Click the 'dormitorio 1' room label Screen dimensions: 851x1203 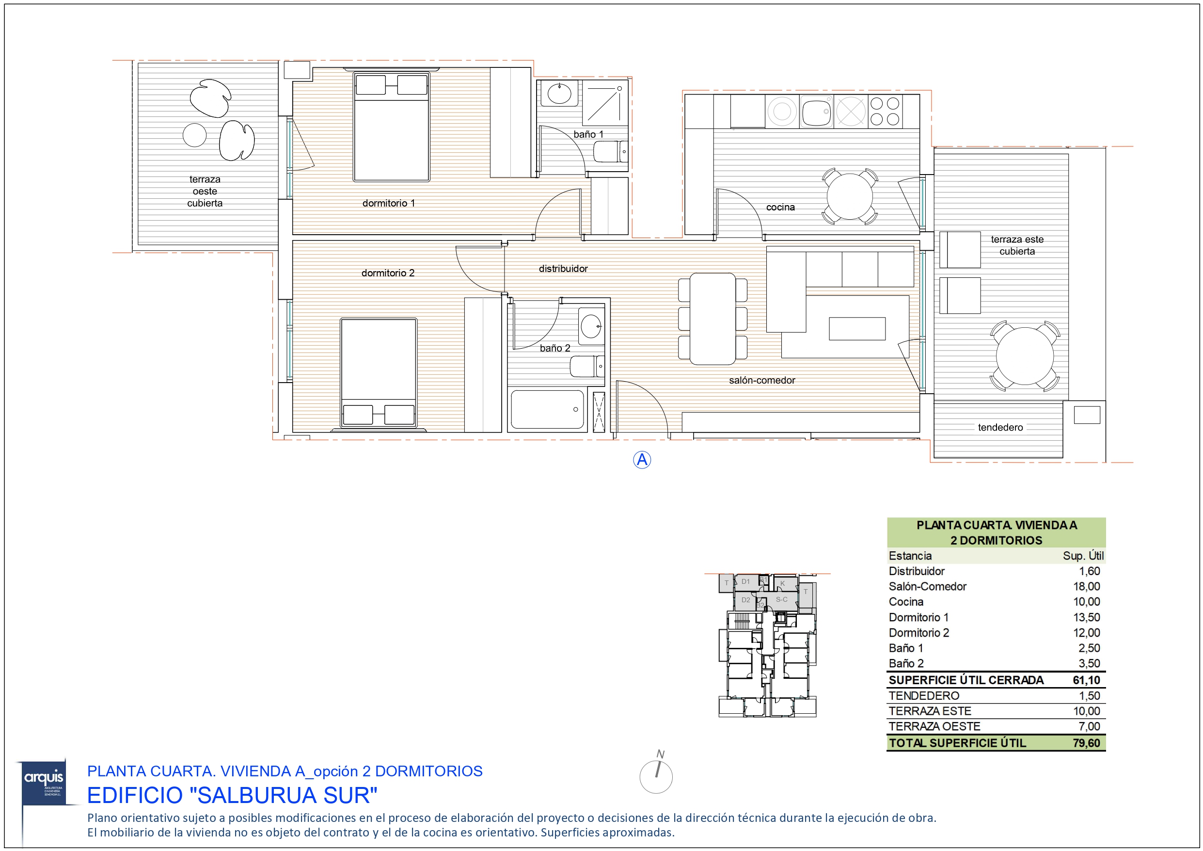388,203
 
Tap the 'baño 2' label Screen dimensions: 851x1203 555,348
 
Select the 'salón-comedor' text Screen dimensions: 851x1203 762,380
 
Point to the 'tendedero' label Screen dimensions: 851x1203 1000,427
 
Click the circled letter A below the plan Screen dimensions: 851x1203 642,460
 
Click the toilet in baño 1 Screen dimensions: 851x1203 609,153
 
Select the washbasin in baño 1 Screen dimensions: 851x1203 560,95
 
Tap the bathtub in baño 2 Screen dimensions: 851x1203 547,410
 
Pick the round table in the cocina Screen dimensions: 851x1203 849,196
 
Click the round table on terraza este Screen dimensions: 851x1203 1024,356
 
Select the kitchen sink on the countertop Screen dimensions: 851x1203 816,112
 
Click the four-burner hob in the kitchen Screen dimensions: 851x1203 885,111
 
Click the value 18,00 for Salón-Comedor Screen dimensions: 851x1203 1086,586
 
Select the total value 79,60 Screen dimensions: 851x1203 1086,742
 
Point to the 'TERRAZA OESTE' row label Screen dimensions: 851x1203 934,726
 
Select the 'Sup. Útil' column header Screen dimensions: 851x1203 1083,556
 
